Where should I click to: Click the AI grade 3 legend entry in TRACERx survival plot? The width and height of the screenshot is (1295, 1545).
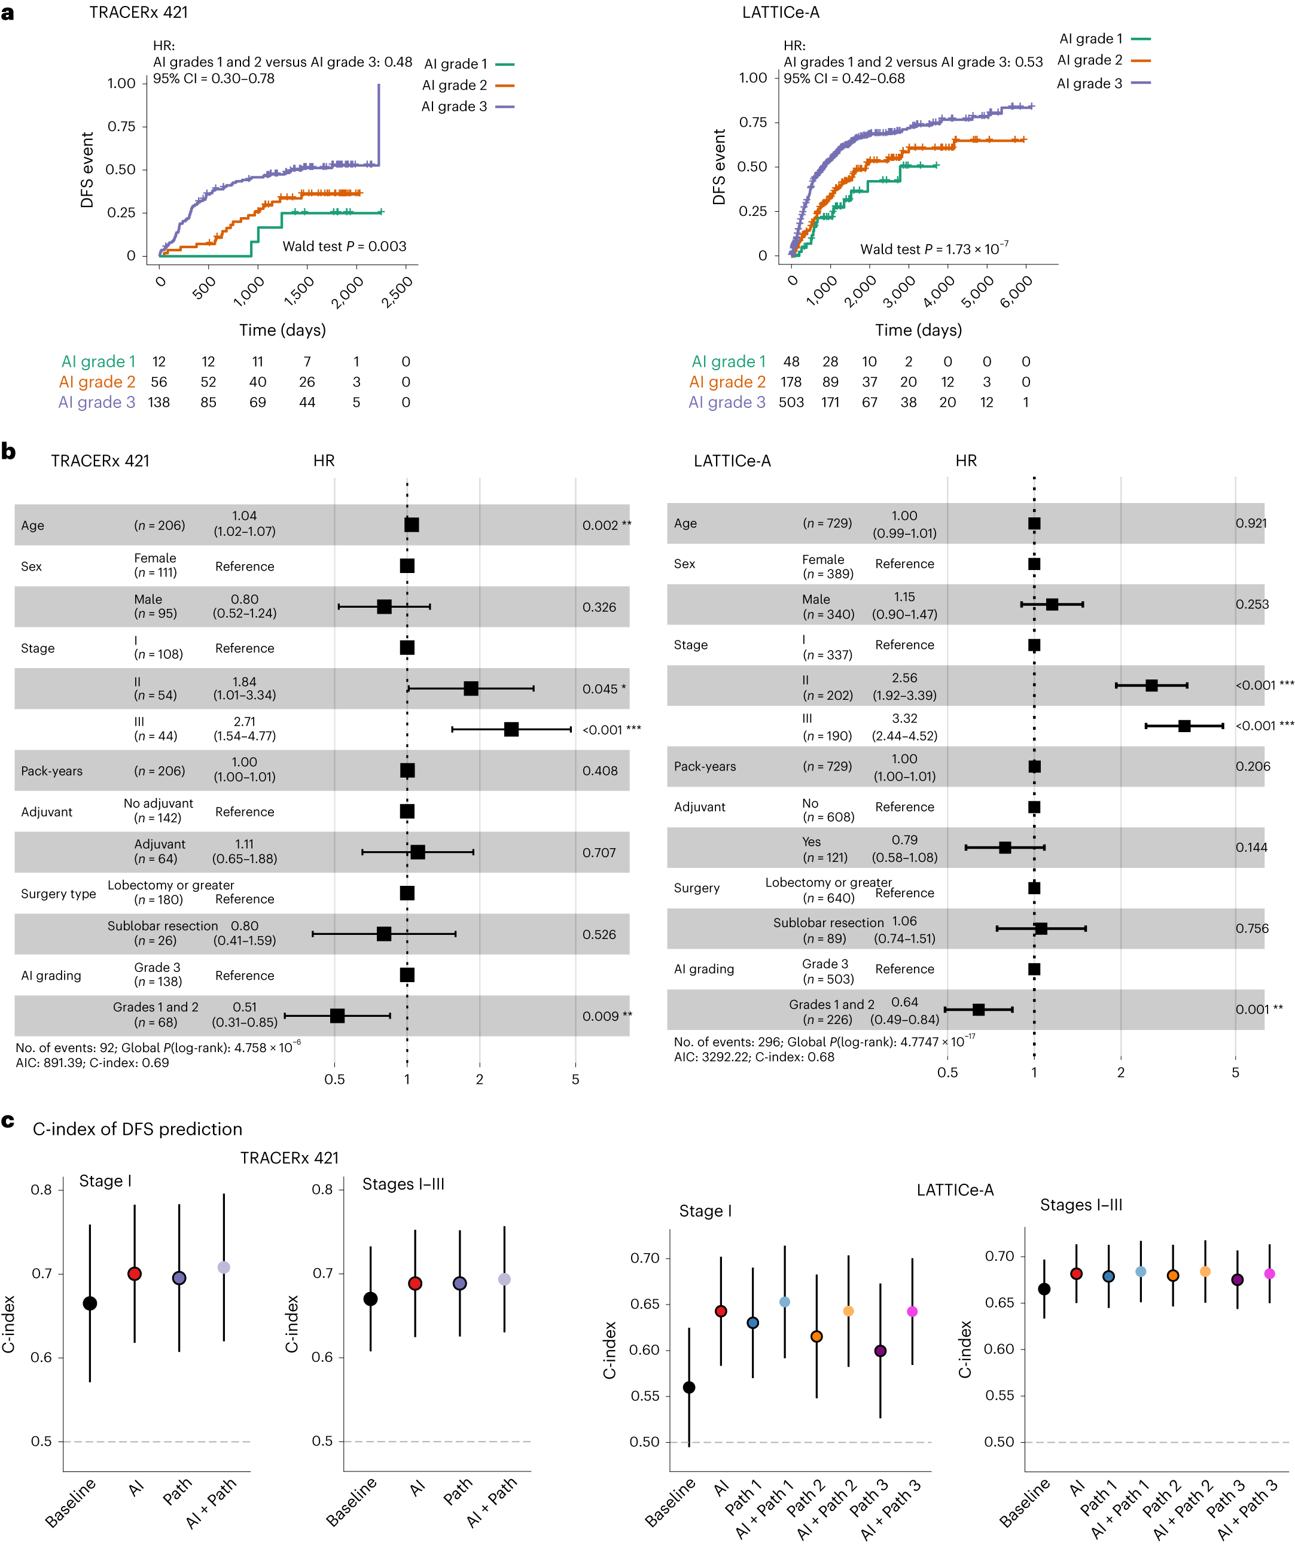click(467, 106)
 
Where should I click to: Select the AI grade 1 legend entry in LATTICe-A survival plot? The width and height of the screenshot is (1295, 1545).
click(1103, 39)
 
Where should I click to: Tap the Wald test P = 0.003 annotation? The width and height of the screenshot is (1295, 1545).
click(345, 246)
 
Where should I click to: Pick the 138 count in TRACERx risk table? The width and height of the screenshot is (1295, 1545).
click(159, 403)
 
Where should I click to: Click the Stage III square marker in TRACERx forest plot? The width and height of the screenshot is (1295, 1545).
click(511, 729)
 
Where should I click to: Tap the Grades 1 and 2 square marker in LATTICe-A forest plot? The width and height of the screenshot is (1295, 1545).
click(979, 1010)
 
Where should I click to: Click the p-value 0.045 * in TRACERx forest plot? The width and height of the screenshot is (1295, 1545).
click(604, 688)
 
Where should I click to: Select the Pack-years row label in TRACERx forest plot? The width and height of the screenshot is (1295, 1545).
click(51, 771)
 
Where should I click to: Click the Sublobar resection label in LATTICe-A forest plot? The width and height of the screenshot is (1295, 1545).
click(828, 922)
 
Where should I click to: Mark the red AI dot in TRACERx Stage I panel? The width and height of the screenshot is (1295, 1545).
click(135, 1273)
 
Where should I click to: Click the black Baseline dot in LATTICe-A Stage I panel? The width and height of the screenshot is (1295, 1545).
click(690, 1388)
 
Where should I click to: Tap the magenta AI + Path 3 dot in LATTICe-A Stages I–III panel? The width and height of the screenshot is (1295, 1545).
click(1269, 1273)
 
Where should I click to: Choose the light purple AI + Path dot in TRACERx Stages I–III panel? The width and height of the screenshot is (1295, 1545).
click(504, 1279)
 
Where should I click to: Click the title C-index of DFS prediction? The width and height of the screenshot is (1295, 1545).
click(137, 1129)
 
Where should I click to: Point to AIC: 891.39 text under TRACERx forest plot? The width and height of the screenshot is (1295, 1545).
click(51, 1062)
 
